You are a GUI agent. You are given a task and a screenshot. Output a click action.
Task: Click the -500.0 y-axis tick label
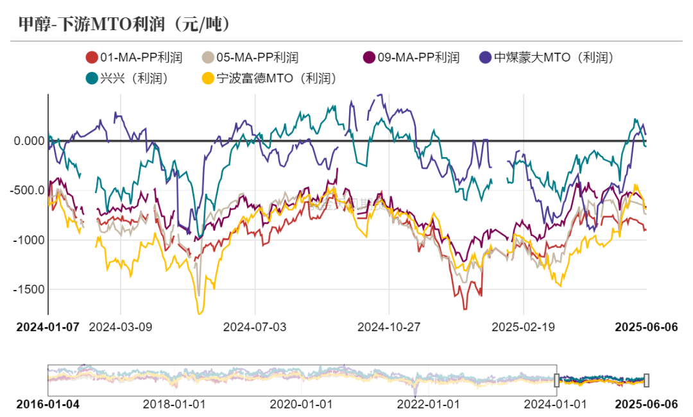point(28,190)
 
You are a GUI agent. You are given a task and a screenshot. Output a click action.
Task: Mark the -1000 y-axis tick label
point(30,239)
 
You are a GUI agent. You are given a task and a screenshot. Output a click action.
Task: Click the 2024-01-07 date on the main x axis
point(47,327)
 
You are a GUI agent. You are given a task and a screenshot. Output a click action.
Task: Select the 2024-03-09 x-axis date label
point(120,327)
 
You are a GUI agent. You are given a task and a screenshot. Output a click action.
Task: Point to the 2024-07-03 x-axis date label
point(255,327)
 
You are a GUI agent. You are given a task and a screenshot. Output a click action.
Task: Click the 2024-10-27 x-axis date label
point(389,327)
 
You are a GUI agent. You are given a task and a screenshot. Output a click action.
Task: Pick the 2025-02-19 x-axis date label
point(524,327)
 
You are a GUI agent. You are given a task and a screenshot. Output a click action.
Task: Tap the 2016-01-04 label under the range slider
point(47,404)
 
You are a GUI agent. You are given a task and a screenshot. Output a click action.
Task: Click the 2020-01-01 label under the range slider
point(302,404)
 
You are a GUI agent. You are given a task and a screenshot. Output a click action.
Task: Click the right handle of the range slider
point(647,380)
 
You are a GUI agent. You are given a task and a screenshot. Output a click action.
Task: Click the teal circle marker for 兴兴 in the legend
point(92,78)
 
